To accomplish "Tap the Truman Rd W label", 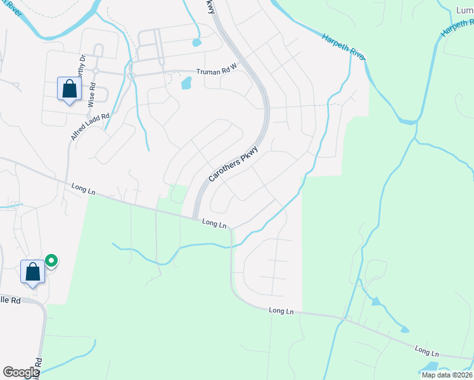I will [x=216, y=72].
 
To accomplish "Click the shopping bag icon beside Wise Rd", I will [x=69, y=89].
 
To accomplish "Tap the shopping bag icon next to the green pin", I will [x=33, y=272].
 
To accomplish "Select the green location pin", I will [x=51, y=261].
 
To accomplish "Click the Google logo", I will [x=21, y=372].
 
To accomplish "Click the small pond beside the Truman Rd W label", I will [x=186, y=83].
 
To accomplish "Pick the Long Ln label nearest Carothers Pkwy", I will [x=214, y=223].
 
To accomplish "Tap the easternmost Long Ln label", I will [x=427, y=350].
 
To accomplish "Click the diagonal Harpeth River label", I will [x=343, y=47].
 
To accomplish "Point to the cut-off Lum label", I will [x=464, y=11].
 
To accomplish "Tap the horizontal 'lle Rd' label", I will [x=11, y=299].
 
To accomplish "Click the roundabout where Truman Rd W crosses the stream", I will [x=132, y=75].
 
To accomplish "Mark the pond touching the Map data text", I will [x=430, y=366].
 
